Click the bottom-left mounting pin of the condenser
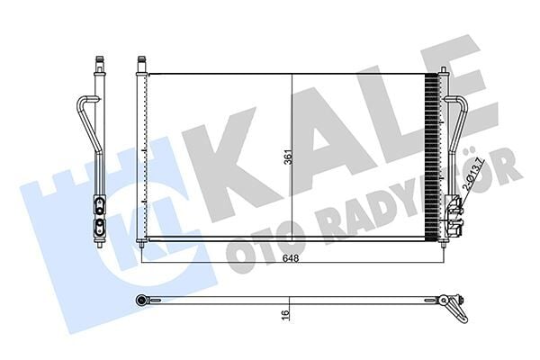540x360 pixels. (x=141, y=245)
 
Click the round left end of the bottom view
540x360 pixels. (x=141, y=300)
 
